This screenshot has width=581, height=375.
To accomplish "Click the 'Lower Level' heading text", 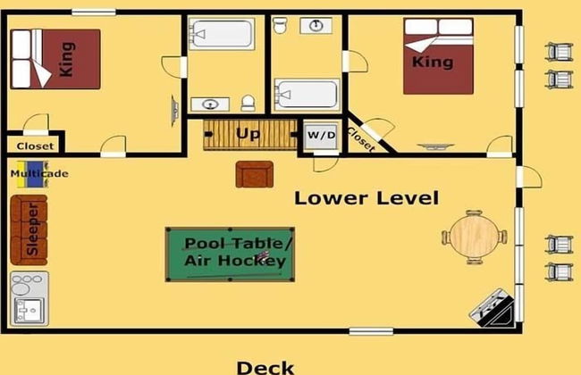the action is point(366,198).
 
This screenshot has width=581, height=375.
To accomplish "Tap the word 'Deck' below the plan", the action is point(265,368).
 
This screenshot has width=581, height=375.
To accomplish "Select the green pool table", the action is point(230,254).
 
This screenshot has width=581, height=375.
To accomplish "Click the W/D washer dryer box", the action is point(321,136).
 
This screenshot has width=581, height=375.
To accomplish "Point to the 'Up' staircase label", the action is point(248,134).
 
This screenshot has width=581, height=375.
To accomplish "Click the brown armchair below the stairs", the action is point(255,174).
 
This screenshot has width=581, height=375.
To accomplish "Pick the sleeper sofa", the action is point(29,229).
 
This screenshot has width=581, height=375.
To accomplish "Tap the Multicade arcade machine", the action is point(37,173).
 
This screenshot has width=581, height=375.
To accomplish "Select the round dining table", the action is point(475,237).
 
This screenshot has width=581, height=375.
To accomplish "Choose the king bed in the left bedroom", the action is point(55,59).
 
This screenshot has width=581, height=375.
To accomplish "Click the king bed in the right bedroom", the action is point(438,56).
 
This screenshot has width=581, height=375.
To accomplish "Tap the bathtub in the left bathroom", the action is point(222,33).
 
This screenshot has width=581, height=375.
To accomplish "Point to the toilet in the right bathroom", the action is point(280,25).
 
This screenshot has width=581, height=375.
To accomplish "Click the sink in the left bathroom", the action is point(210,104).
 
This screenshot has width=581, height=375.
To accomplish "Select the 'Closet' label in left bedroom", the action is point(35,146).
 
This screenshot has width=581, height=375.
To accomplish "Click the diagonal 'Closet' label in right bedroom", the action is point(361,139).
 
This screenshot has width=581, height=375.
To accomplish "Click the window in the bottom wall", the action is point(371,331).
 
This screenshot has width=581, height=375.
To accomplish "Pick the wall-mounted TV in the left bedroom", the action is point(174,111).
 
